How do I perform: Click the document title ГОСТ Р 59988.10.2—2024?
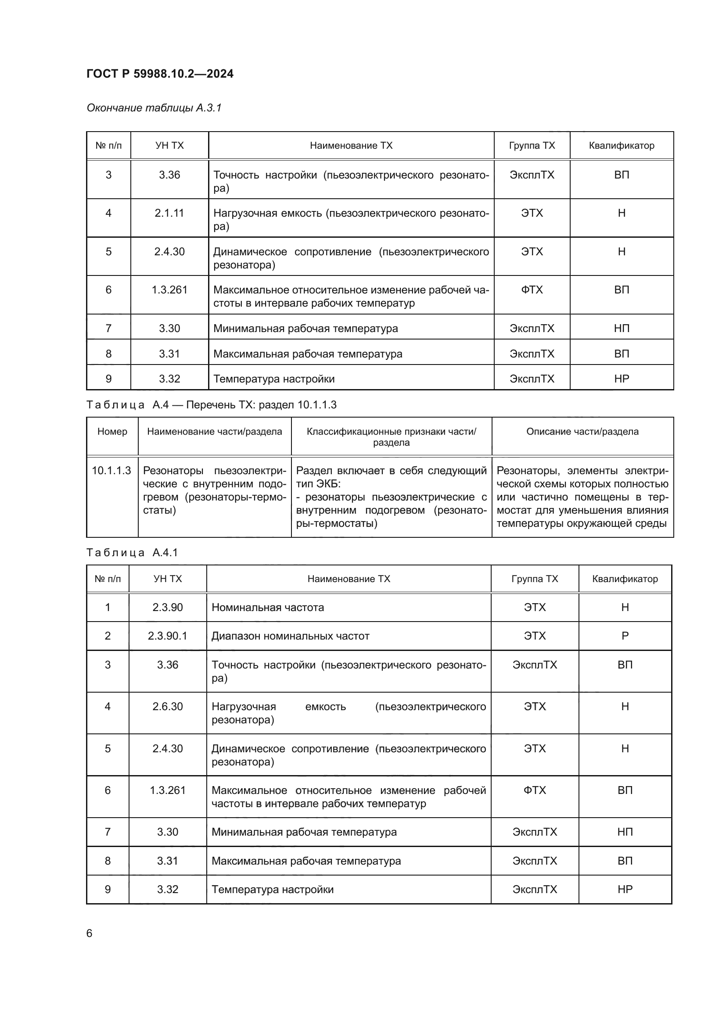pyautogui.click(x=160, y=74)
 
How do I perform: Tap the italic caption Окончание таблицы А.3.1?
pyautogui.click(x=154, y=108)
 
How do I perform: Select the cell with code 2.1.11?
pyautogui.click(x=169, y=213)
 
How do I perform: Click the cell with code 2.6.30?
pyautogui.click(x=168, y=707)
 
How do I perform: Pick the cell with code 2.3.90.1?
pyautogui.click(x=168, y=636)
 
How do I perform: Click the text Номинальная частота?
pyautogui.click(x=267, y=607)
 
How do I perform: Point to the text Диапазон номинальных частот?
pyautogui.click(x=290, y=636)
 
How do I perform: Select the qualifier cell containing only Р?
pyautogui.click(x=625, y=636)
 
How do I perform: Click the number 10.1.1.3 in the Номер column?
pyautogui.click(x=111, y=471)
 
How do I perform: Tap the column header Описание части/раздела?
pyautogui.click(x=582, y=432)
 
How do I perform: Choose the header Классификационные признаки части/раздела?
pyautogui.click(x=391, y=436)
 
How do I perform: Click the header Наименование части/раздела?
pyautogui.click(x=214, y=432)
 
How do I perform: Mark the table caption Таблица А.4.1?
pyautogui.click(x=132, y=553)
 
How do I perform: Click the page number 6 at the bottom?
pyautogui.click(x=90, y=933)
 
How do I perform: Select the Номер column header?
pyautogui.click(x=112, y=432)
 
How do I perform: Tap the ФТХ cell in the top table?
pyautogui.click(x=532, y=290)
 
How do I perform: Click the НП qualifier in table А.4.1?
pyautogui.click(x=625, y=832)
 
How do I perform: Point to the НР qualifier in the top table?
pyautogui.click(x=622, y=379)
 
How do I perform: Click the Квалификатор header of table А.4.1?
pyautogui.click(x=625, y=579)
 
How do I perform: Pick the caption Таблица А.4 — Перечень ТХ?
pyautogui.click(x=211, y=405)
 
